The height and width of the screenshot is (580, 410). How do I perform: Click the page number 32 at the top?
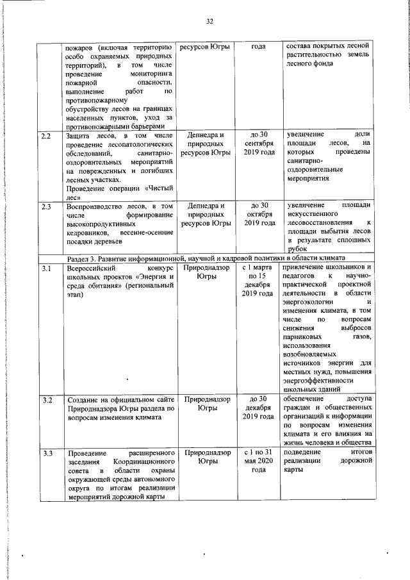[x=208, y=21]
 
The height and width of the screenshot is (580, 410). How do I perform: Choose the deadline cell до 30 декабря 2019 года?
[x=258, y=408]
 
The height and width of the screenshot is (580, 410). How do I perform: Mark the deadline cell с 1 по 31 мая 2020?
[x=258, y=461]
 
